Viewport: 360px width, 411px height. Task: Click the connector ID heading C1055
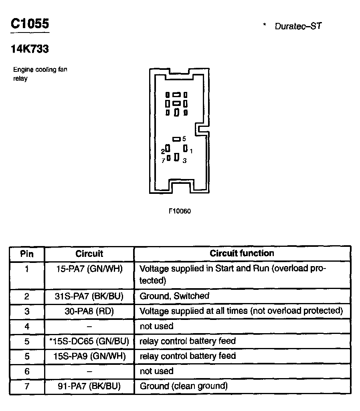pyautogui.click(x=30, y=24)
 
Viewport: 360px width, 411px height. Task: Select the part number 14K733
pyautogui.click(x=30, y=49)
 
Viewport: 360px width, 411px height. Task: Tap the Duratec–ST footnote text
pyautogui.click(x=298, y=26)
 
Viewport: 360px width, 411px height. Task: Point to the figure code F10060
pyautogui.click(x=180, y=211)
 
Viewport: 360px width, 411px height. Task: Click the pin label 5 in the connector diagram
pyautogui.click(x=184, y=139)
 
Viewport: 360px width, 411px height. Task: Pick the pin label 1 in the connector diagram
pyautogui.click(x=191, y=151)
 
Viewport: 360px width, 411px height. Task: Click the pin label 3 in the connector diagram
pyautogui.click(x=184, y=161)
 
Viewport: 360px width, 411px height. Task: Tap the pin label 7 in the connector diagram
pyautogui.click(x=163, y=161)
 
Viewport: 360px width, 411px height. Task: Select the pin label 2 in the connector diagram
pyautogui.click(x=163, y=151)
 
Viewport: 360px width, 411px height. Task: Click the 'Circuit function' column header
pyautogui.click(x=242, y=253)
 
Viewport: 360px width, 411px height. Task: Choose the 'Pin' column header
pyautogui.click(x=27, y=254)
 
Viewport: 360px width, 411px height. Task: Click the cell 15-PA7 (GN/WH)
pyautogui.click(x=89, y=269)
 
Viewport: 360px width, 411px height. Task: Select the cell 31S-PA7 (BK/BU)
pyautogui.click(x=89, y=296)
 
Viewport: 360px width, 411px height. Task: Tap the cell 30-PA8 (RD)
pyautogui.click(x=89, y=311)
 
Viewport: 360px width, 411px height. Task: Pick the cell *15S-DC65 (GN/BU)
pyautogui.click(x=89, y=341)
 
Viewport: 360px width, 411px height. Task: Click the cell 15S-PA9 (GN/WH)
pyautogui.click(x=89, y=356)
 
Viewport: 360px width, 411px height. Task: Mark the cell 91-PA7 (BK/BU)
pyautogui.click(x=89, y=386)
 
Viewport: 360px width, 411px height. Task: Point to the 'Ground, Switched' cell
pyautogui.click(x=174, y=296)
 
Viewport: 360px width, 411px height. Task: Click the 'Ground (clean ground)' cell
pyautogui.click(x=184, y=386)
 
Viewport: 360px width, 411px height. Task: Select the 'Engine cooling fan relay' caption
pyautogui.click(x=40, y=74)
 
